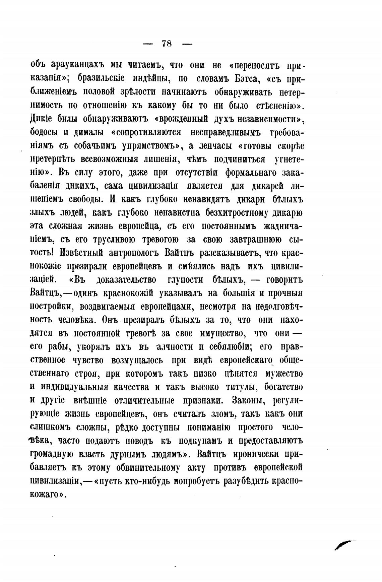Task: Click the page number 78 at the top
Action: [x=167, y=44]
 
